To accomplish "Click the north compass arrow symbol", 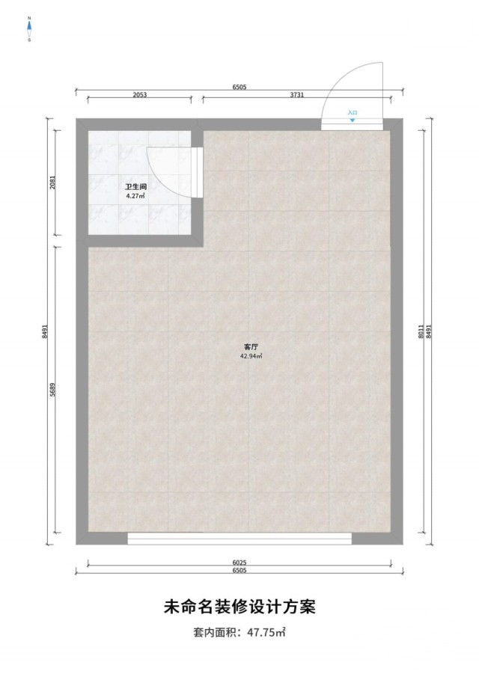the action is [x=29, y=28].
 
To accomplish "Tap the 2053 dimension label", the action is [x=139, y=94].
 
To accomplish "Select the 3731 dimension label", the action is [x=296, y=94].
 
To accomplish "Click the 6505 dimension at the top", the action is [x=239, y=87].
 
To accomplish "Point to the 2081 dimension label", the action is [x=52, y=183].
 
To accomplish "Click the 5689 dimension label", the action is [x=52, y=390].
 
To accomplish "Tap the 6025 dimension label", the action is [x=239, y=563].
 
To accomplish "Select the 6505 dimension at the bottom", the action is [x=239, y=570].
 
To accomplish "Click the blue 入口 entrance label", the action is [x=353, y=113].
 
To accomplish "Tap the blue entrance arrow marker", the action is [x=353, y=120].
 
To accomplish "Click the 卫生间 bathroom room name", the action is [x=135, y=187].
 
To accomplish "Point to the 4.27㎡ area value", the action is [x=135, y=195].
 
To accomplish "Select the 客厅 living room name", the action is [x=251, y=346].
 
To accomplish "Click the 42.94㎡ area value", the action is [x=251, y=356].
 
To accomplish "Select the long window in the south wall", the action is [x=239, y=539].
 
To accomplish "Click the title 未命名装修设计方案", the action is [x=239, y=607].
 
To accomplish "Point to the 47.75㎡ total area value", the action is [x=266, y=633].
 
